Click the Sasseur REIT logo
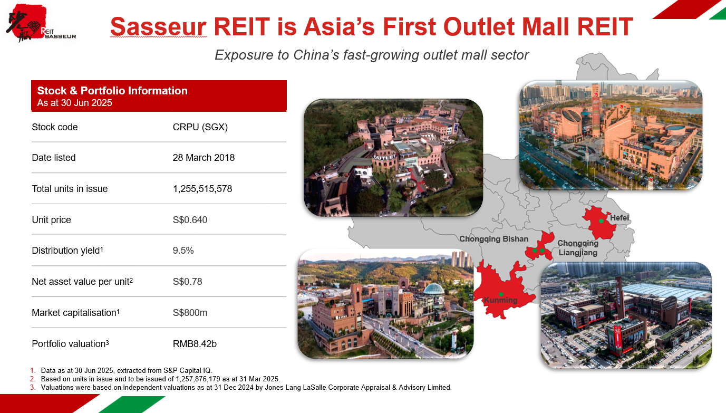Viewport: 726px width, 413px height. (x=41, y=23)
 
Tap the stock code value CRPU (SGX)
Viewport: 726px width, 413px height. (x=200, y=127)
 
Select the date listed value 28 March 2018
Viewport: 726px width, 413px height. (x=204, y=158)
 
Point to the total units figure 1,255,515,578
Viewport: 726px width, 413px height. (x=202, y=189)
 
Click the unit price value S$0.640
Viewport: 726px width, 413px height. (x=190, y=220)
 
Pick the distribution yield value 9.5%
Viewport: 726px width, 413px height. (x=183, y=251)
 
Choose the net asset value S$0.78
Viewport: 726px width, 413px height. (x=187, y=281)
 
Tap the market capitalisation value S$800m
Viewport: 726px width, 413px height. (x=190, y=312)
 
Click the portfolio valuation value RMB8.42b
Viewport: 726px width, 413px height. (x=195, y=343)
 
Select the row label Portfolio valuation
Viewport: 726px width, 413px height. (x=70, y=343)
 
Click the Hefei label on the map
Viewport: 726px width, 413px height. (x=619, y=217)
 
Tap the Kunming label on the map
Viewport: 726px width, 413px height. (x=500, y=300)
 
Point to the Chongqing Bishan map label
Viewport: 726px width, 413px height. (x=493, y=239)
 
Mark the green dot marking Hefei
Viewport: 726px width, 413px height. (x=601, y=221)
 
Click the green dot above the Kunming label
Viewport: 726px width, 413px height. (x=501, y=294)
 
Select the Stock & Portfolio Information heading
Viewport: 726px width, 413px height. (x=112, y=91)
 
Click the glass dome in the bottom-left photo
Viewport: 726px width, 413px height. (x=434, y=289)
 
